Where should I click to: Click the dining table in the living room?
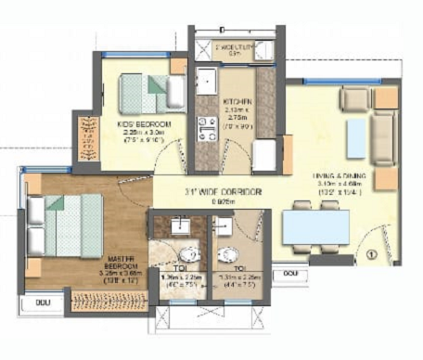click(x=315, y=226)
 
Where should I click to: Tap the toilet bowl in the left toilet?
click(x=186, y=253)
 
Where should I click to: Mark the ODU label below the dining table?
click(x=290, y=275)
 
